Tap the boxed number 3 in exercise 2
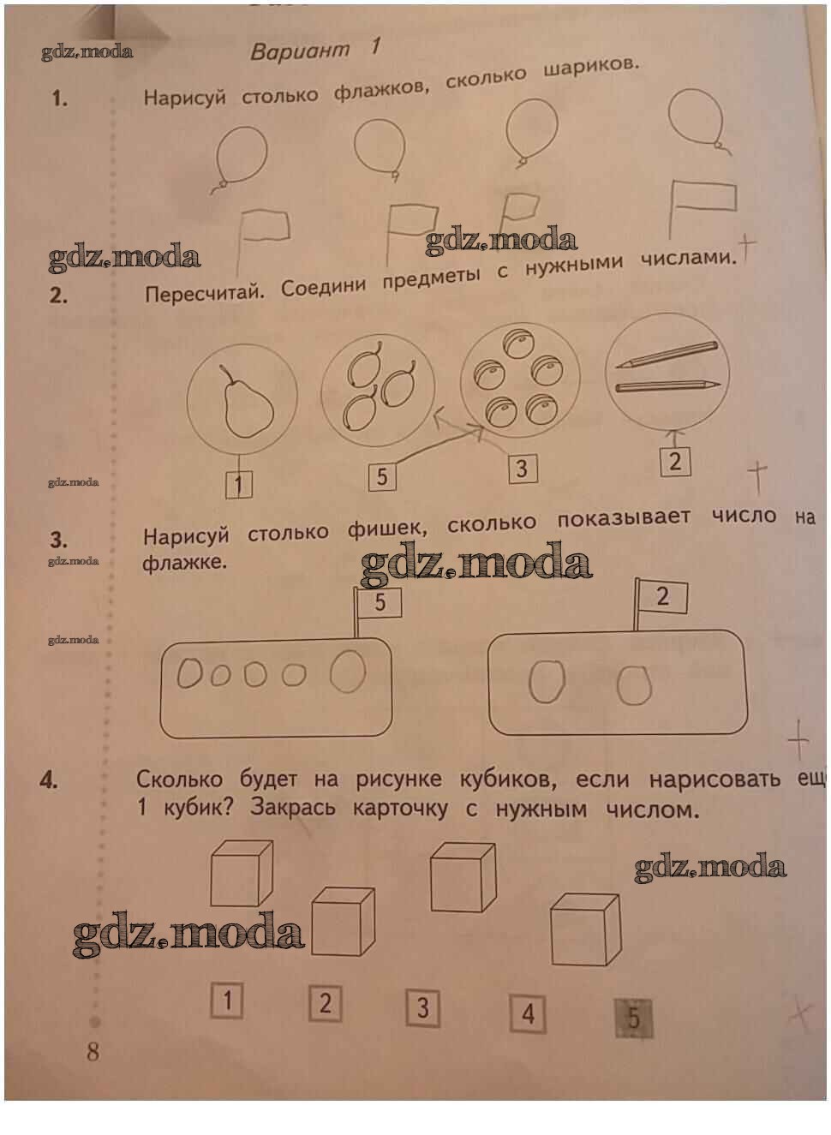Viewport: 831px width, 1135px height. [x=523, y=469]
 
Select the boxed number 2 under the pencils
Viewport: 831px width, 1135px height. [x=675, y=462]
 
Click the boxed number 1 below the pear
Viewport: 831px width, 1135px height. [x=239, y=485]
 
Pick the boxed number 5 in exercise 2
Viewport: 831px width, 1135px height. [x=382, y=477]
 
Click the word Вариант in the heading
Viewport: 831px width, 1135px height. [x=300, y=51]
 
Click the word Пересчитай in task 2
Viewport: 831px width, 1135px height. [x=205, y=292]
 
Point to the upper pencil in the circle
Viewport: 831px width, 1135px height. [x=667, y=354]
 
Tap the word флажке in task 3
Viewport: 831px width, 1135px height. [x=184, y=562]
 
